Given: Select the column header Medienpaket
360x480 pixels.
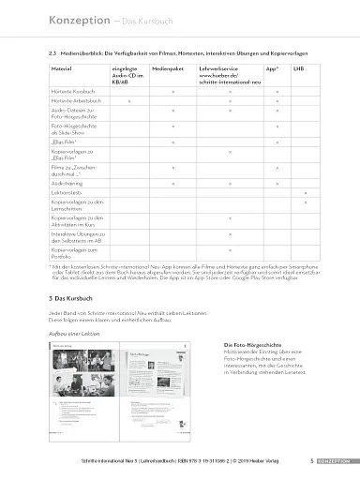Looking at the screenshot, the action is (x=165, y=69).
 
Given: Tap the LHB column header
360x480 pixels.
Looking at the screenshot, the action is (x=297, y=69).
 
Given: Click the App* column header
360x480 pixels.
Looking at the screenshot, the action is (x=272, y=69).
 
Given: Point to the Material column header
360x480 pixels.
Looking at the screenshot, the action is (x=62, y=69).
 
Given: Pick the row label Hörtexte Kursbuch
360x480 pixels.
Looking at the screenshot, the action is (x=73, y=90).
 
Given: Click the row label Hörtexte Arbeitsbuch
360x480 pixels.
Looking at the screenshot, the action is (x=76, y=99).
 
